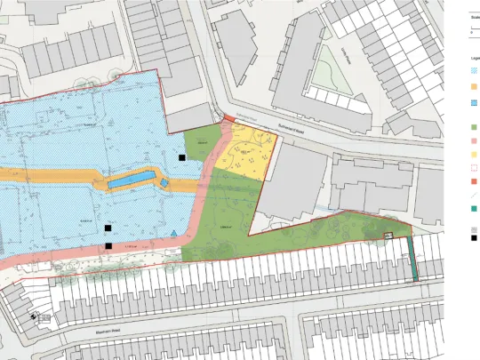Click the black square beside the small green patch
(x=182, y=157)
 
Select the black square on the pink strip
(x=108, y=245)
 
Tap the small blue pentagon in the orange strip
(x=163, y=182)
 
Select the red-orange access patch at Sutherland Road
(x=228, y=119)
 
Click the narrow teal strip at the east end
(x=413, y=257)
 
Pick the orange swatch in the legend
(x=474, y=86)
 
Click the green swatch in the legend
(x=474, y=128)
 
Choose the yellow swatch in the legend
(x=474, y=155)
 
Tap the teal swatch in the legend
(x=474, y=210)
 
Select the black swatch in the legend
(x=474, y=239)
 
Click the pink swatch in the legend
(x=474, y=141)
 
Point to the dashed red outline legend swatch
(x=474, y=168)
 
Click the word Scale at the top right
(x=475, y=16)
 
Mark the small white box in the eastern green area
(x=388, y=236)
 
